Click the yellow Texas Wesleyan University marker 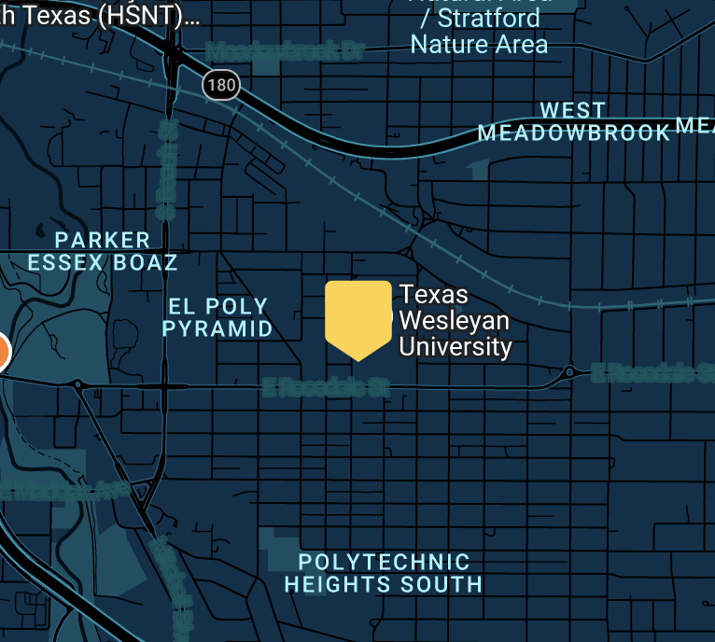(x=357, y=318)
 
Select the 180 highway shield (x=221, y=86)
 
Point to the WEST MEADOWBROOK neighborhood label (x=573, y=122)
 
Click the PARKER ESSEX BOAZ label (x=103, y=252)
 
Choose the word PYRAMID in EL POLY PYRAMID (x=217, y=328)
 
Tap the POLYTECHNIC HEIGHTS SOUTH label (x=384, y=573)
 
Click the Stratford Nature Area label (x=478, y=31)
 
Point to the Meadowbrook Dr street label (x=284, y=51)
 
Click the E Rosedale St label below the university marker (x=324, y=386)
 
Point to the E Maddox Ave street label (x=65, y=489)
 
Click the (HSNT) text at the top (x=167, y=15)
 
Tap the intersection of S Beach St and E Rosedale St (x=164, y=385)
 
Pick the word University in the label (x=456, y=347)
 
